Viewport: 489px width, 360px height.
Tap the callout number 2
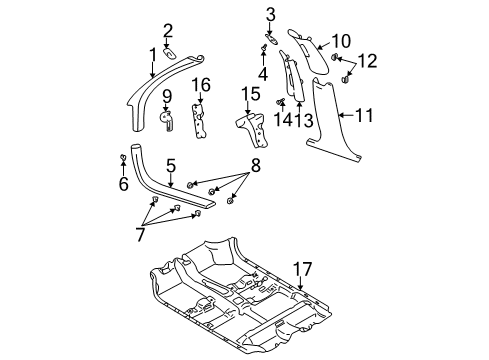168,30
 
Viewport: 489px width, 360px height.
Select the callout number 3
269,13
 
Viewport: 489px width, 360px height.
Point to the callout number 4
263,73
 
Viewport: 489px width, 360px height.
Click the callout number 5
171,166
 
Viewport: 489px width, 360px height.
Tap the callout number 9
166,96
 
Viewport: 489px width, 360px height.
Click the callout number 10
341,42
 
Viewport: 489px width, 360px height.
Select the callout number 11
363,117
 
